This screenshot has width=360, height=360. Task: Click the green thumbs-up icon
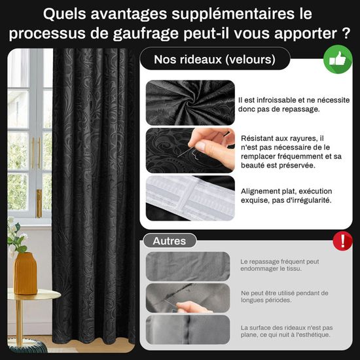click(338, 59)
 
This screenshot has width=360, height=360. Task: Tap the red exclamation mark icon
click(342, 241)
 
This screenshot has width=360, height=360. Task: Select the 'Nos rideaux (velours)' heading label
click(215, 59)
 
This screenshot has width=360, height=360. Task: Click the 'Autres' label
click(170, 241)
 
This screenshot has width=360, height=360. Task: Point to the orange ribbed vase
click(26, 273)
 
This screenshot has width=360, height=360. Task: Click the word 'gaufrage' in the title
click(145, 33)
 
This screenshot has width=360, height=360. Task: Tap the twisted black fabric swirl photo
click(190, 103)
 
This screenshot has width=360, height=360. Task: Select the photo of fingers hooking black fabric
click(190, 151)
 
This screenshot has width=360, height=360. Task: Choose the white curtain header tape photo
click(190, 198)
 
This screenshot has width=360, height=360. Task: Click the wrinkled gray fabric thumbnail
click(188, 266)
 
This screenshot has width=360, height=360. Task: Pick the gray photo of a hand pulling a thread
click(188, 298)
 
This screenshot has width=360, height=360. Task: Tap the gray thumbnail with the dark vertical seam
click(188, 330)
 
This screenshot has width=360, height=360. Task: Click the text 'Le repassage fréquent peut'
click(279, 262)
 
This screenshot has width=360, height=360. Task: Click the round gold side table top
click(34, 295)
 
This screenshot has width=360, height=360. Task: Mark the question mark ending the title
click(346, 33)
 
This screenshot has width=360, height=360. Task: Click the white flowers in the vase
click(16, 236)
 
